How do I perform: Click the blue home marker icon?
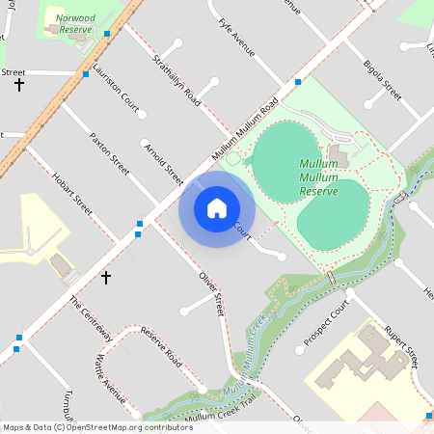(216, 207)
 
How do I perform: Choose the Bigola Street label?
(383, 79)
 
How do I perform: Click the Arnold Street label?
(162, 164)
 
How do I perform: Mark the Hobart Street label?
(71, 195)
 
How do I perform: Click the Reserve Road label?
(161, 346)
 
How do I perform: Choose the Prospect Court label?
(324, 327)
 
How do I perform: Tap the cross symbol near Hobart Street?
(106, 277)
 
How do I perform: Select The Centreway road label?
(91, 318)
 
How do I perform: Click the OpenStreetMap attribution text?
(97, 427)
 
